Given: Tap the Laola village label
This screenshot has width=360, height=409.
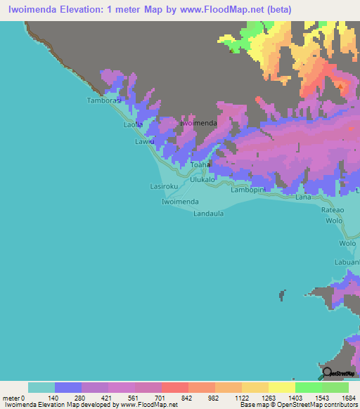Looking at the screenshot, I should pyautogui.click(x=133, y=124).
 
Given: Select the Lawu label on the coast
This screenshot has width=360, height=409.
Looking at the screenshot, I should pyautogui.click(x=144, y=141).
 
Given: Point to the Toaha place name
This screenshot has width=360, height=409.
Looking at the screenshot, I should pyautogui.click(x=201, y=165).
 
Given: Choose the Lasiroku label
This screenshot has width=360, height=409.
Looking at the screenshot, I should pyautogui.click(x=165, y=186).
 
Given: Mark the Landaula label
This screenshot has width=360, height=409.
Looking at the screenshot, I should pyautogui.click(x=209, y=214).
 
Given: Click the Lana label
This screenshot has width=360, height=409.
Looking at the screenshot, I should pyautogui.click(x=303, y=197).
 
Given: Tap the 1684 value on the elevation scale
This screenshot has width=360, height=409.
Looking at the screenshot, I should pyautogui.click(x=349, y=398).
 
